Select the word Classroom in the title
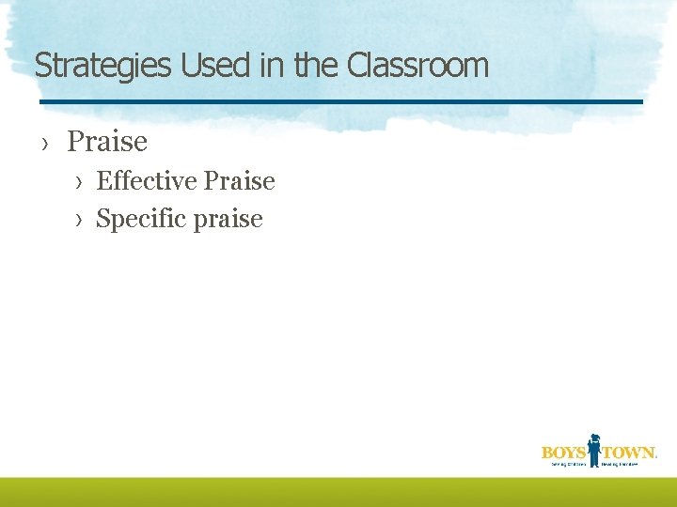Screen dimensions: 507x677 point(417,66)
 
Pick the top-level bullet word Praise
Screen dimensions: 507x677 point(107,142)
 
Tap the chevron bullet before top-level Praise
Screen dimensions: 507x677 point(45,143)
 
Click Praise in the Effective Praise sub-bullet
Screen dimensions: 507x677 point(239,180)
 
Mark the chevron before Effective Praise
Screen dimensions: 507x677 point(81,181)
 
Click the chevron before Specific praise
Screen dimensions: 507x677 point(81,220)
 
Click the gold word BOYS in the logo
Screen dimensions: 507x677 point(563,452)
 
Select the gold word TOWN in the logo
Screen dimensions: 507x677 point(627,452)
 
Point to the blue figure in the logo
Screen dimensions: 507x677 point(593,450)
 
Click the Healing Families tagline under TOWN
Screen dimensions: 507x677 point(627,464)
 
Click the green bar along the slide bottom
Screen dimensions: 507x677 point(338,492)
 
